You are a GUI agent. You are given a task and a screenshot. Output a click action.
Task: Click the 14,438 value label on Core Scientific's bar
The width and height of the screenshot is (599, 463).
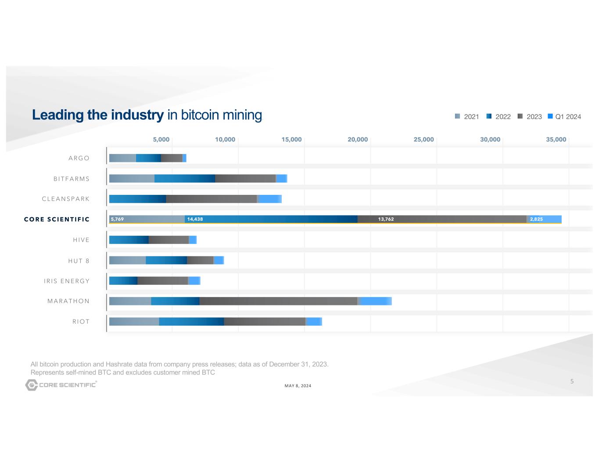(x=195, y=219)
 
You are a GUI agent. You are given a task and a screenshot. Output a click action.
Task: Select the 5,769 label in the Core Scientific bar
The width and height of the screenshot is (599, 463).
(x=117, y=219)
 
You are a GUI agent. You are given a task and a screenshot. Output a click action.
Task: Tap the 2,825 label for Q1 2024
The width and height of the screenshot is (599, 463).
(x=536, y=219)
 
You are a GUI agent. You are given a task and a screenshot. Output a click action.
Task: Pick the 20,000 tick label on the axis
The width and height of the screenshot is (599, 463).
(x=358, y=140)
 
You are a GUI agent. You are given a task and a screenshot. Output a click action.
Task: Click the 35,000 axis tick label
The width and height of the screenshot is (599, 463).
(x=556, y=140)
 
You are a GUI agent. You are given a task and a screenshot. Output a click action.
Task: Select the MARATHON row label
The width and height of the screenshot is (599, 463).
(x=68, y=301)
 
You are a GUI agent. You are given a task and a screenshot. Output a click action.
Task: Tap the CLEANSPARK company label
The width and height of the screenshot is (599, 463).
(x=66, y=199)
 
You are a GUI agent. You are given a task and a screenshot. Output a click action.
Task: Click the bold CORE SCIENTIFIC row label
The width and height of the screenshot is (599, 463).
(x=57, y=219)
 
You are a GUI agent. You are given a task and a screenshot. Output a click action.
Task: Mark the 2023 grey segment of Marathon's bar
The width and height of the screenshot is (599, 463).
(x=278, y=301)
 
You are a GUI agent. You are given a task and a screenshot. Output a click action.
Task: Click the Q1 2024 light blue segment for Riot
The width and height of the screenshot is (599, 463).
(x=314, y=322)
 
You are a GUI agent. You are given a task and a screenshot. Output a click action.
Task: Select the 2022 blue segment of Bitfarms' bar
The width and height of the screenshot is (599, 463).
(x=185, y=179)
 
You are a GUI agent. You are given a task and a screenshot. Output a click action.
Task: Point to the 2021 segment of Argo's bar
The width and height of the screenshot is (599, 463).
(x=122, y=158)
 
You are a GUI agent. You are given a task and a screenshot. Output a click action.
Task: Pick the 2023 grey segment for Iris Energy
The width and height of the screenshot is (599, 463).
(x=162, y=281)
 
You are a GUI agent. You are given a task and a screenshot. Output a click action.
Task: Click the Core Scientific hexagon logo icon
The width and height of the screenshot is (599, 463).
(x=32, y=385)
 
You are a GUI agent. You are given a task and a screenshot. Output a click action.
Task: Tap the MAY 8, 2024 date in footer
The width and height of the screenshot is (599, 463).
(x=298, y=386)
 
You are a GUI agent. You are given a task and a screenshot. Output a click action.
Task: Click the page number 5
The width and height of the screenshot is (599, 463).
(x=572, y=381)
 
